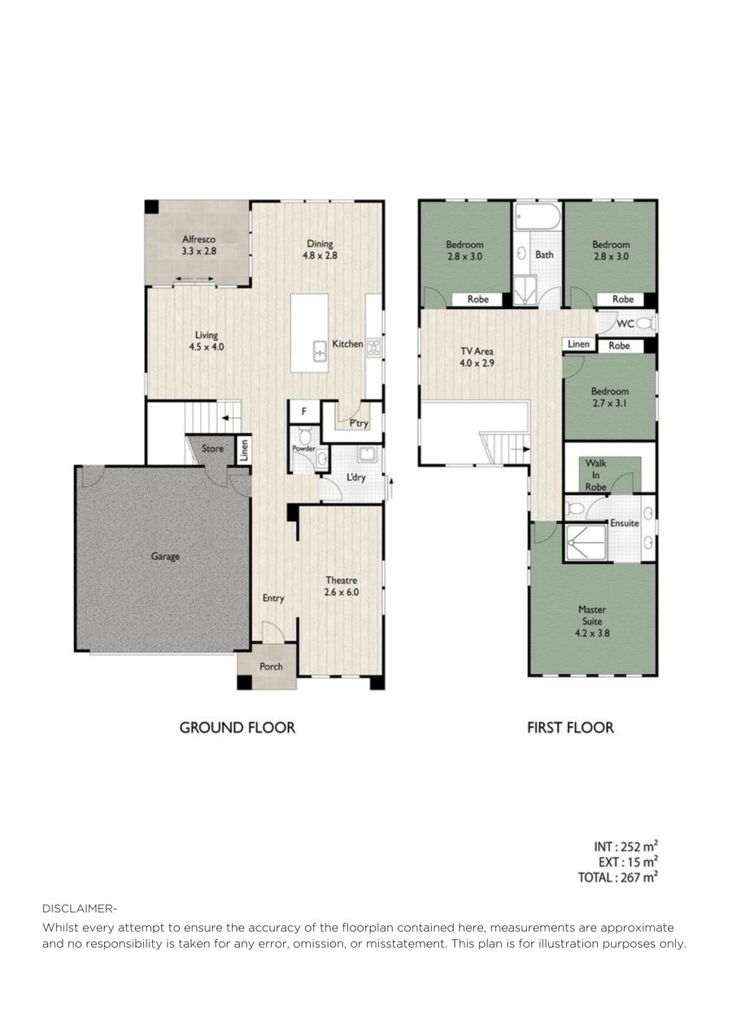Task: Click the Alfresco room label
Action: (198, 239)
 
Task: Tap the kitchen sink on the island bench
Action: (320, 351)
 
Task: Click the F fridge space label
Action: (304, 410)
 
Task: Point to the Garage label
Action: (165, 557)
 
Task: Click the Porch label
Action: (271, 666)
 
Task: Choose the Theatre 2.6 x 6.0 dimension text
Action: (342, 592)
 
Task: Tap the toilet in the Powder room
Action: (305, 435)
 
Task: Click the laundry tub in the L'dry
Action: (367, 455)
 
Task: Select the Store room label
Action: (212, 448)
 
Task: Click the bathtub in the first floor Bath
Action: (538, 216)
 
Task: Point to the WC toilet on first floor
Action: (646, 324)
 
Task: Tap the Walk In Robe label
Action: (595, 475)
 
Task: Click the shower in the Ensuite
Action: (586, 543)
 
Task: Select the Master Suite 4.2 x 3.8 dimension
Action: (592, 633)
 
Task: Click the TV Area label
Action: (477, 352)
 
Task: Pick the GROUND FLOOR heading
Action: (237, 727)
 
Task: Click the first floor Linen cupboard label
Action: (578, 344)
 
